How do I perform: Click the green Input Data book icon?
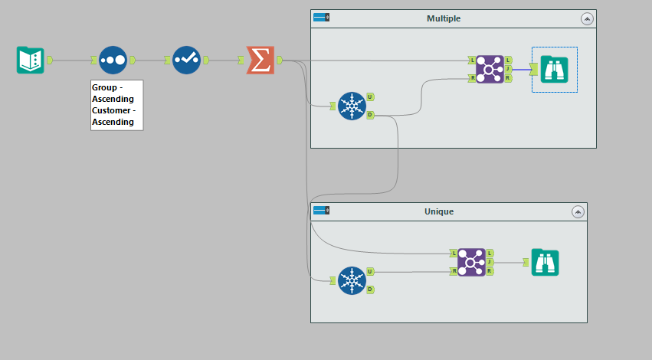pos(31,60)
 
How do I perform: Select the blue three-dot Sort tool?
pos(113,60)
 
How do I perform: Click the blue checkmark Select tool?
pos(186,60)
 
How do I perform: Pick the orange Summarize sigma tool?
pos(260,60)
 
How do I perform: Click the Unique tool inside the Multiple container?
pos(352,106)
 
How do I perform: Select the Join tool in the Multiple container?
pos(489,69)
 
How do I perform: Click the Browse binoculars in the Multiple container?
pos(554,69)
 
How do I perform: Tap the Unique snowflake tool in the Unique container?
pos(352,280)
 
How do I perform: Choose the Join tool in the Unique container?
pos(467,262)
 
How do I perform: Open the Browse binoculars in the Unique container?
pos(546,262)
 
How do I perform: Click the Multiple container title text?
pos(444,18)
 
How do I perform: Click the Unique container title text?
pos(439,211)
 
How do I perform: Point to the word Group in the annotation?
pos(104,87)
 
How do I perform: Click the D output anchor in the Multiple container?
pos(370,115)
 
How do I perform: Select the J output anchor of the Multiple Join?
pos(508,69)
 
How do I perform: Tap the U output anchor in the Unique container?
pos(370,271)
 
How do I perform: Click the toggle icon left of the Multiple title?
pos(321,17)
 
